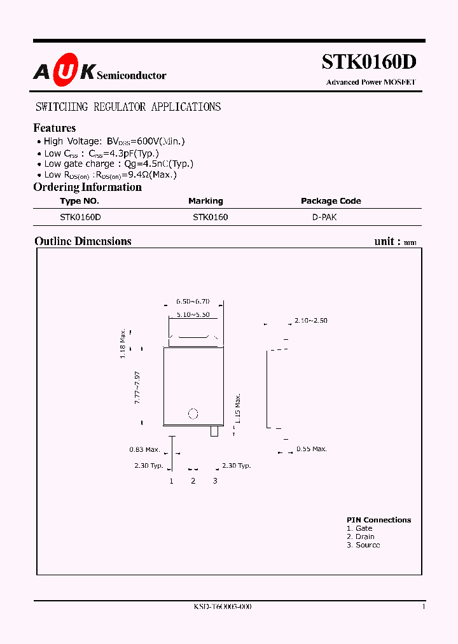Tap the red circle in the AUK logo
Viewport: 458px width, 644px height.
coord(64,73)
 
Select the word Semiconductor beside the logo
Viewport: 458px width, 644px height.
coord(132,76)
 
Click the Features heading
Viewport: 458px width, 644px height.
coord(54,128)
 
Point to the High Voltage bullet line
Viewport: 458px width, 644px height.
coord(114,142)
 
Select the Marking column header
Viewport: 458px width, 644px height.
coord(205,201)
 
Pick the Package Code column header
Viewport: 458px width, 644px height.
coord(331,201)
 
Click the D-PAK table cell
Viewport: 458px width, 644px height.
coord(324,217)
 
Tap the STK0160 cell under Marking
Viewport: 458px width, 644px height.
coord(211,217)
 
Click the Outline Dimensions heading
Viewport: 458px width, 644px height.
coord(83,241)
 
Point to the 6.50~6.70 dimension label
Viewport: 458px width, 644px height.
coord(193,301)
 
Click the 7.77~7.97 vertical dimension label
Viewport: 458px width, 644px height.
coord(137,386)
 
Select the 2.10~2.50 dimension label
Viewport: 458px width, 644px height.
coord(311,321)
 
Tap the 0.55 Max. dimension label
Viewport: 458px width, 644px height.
coord(312,449)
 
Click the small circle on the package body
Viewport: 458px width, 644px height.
coord(194,414)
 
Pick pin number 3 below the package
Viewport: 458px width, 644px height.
coord(215,481)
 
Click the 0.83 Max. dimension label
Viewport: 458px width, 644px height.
coord(144,450)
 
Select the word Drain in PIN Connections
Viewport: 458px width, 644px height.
coord(364,536)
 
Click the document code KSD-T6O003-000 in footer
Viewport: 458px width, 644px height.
coord(222,607)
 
